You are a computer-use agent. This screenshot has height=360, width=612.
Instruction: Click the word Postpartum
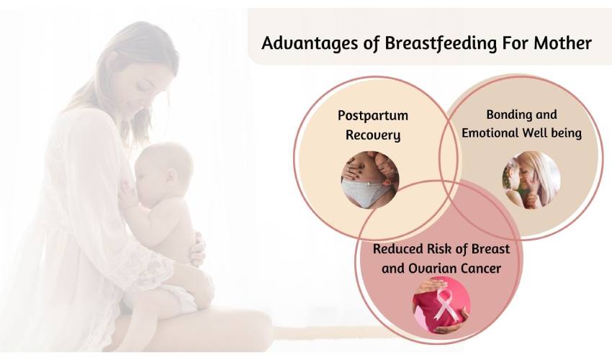[373, 116]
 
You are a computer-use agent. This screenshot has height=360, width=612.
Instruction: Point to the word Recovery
[373, 135]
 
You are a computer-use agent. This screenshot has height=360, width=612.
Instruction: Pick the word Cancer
[481, 269]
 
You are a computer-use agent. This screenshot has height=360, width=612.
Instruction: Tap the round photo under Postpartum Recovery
[370, 180]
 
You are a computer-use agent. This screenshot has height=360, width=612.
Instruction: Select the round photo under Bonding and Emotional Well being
[531, 180]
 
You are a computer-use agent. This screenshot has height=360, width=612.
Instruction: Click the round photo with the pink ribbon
[441, 305]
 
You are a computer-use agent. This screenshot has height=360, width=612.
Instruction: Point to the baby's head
[164, 166]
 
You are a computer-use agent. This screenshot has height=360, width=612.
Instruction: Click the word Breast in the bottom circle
[490, 248]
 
